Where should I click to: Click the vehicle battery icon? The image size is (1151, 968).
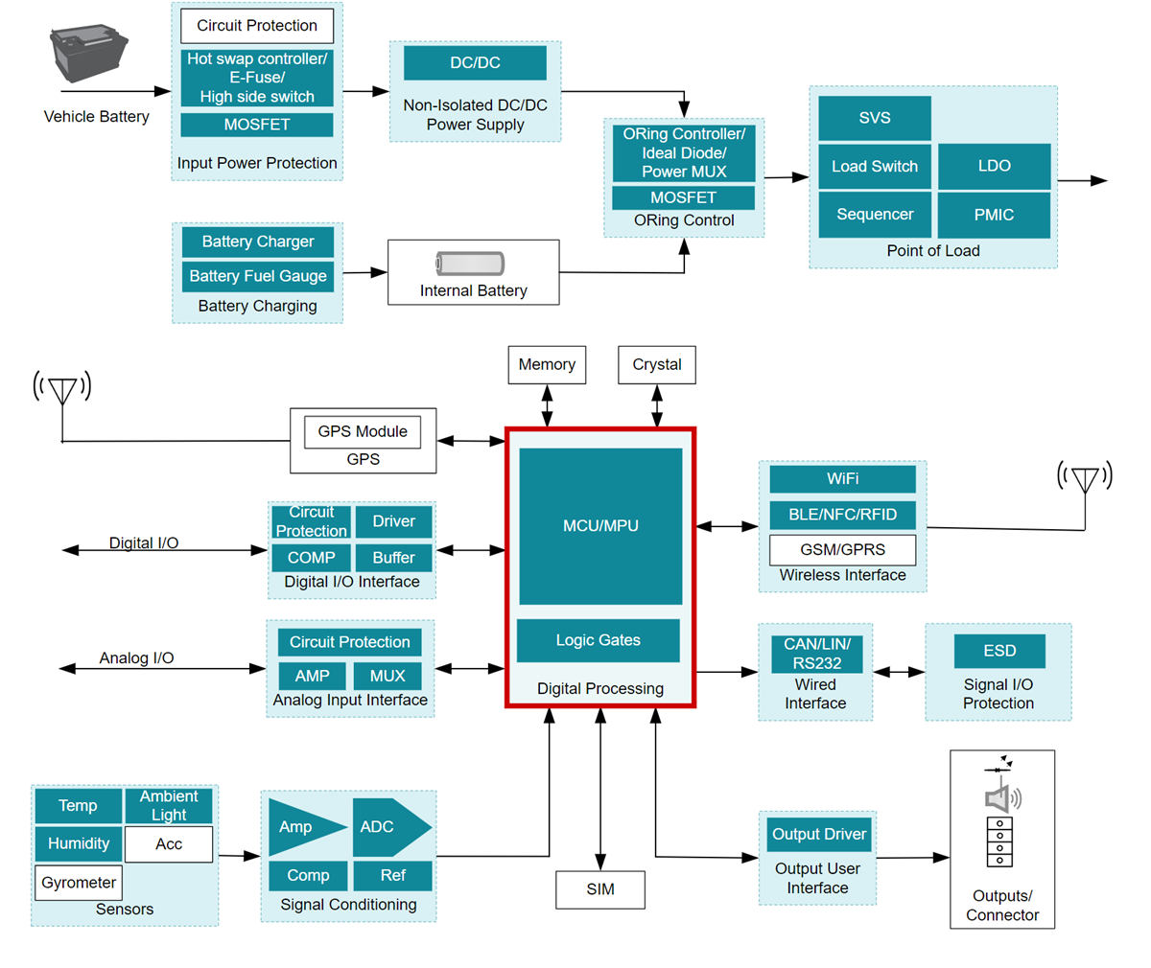(x=88, y=55)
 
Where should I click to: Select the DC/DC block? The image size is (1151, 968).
(x=475, y=63)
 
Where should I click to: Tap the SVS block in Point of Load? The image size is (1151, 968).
(x=874, y=118)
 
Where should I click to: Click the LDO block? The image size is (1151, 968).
(x=994, y=167)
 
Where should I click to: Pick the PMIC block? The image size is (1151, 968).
(x=994, y=215)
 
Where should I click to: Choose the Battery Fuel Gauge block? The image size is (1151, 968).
(x=257, y=276)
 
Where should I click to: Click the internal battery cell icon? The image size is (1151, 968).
(x=470, y=263)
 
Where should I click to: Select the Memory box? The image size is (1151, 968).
(x=547, y=365)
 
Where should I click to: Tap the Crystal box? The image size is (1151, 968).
(x=657, y=365)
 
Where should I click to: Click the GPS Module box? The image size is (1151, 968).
(x=363, y=431)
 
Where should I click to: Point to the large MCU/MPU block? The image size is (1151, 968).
(x=600, y=525)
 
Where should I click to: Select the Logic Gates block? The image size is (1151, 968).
(x=598, y=640)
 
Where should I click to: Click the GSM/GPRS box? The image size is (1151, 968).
(x=842, y=550)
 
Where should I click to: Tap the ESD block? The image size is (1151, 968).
(x=998, y=652)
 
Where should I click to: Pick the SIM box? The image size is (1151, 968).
(x=600, y=889)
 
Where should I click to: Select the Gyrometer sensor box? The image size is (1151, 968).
(x=79, y=883)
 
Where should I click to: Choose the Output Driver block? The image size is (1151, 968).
(x=819, y=834)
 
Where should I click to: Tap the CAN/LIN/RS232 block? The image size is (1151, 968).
(x=816, y=654)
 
